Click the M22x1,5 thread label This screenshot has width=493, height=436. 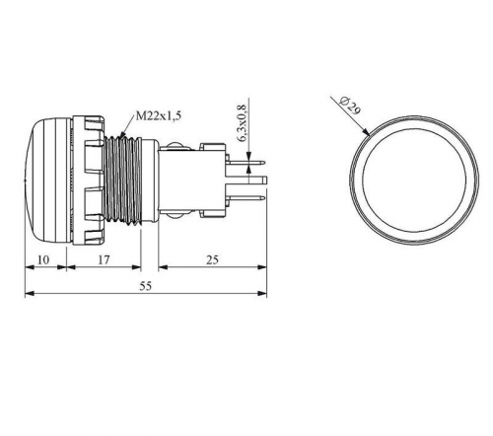[158, 116]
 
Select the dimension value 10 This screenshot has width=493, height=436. [43, 259]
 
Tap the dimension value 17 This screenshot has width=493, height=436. [104, 259]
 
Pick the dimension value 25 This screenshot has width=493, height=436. [212, 259]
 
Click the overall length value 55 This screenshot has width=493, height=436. [146, 286]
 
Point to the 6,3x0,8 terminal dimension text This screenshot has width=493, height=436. [242, 123]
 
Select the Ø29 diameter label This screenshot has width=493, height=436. [351, 106]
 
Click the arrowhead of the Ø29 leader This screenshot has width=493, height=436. [366, 132]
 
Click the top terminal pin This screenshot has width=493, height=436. [247, 162]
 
